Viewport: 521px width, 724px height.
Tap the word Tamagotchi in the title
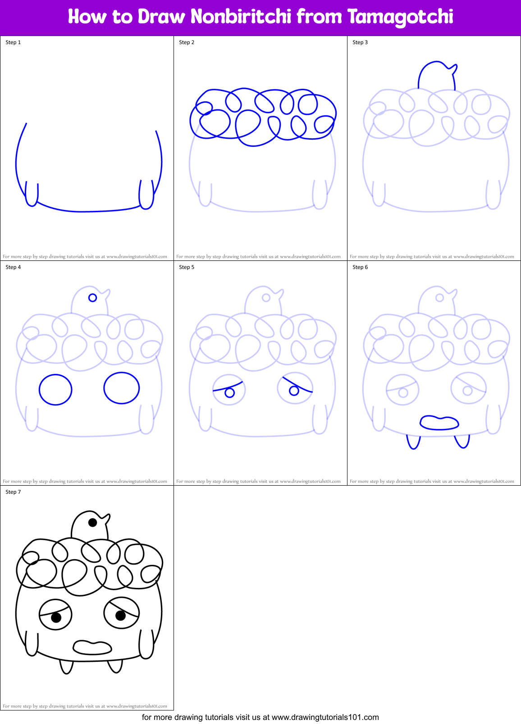pyautogui.click(x=400, y=17)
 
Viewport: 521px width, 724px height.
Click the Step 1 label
pyautogui.click(x=13, y=42)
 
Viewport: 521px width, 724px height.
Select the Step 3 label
pyautogui.click(x=360, y=42)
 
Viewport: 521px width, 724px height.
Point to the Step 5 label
pyautogui.click(x=187, y=267)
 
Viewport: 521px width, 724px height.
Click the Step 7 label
pyautogui.click(x=13, y=492)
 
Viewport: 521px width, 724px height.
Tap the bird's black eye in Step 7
pyautogui.click(x=92, y=523)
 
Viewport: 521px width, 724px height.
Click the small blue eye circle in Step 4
pyautogui.click(x=92, y=298)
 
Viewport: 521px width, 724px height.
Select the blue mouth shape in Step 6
pyautogui.click(x=439, y=423)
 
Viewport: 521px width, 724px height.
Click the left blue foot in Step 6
pyautogui.click(x=413, y=442)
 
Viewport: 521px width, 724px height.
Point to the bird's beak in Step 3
pyautogui.click(x=454, y=68)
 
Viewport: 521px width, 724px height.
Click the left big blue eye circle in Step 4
pyautogui.click(x=55, y=390)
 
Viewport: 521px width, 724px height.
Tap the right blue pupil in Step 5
pyautogui.click(x=294, y=391)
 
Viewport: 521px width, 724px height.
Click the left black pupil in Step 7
pyautogui.click(x=56, y=617)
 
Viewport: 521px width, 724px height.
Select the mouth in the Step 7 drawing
pyautogui.click(x=92, y=647)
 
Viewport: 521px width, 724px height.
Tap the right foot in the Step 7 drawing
pyautogui.click(x=115, y=666)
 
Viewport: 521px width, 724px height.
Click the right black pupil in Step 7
pyautogui.click(x=120, y=615)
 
